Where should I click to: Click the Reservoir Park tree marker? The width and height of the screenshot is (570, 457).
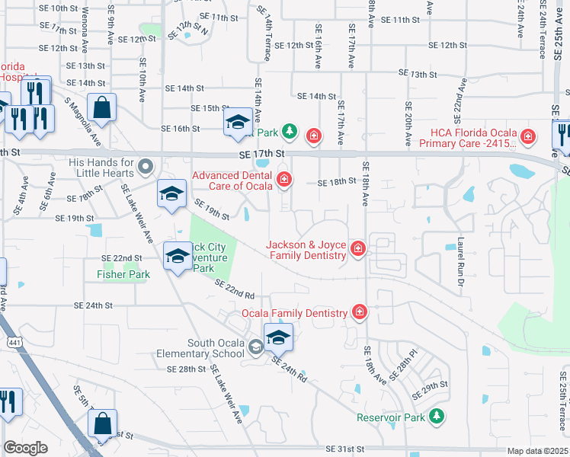(x=436, y=416)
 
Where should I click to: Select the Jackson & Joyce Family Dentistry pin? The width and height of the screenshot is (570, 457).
(x=357, y=248)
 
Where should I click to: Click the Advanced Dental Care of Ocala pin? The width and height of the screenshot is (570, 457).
(x=284, y=180)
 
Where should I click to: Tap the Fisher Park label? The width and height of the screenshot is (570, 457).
(x=122, y=274)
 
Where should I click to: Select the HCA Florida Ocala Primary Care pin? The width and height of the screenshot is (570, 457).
(x=531, y=138)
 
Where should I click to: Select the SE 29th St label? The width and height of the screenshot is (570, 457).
(x=431, y=391)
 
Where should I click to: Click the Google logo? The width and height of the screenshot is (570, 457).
(x=26, y=448)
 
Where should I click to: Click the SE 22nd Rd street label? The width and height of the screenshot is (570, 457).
(x=234, y=289)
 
